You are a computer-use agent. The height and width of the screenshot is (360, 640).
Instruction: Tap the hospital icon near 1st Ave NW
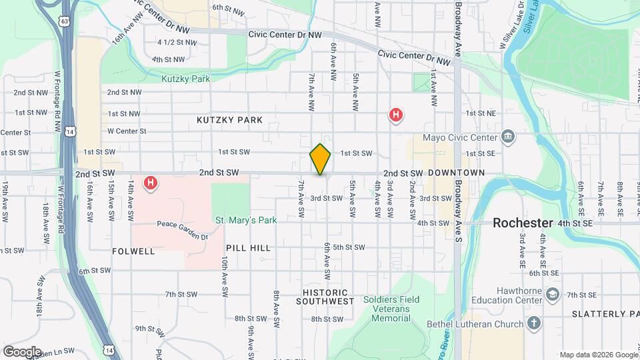point(396,115)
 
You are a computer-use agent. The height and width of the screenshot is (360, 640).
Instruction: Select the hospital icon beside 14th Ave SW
point(151,182)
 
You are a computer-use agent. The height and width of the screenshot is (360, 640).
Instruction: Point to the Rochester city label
point(523,223)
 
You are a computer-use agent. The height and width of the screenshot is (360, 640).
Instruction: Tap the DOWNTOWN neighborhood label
point(456,173)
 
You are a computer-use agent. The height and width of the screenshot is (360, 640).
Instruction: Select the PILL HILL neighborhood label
point(248,248)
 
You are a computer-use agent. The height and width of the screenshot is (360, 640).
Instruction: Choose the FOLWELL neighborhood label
point(134,251)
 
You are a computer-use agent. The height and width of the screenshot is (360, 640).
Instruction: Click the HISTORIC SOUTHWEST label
point(325,297)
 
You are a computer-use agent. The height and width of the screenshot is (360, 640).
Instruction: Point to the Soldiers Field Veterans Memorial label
point(391,309)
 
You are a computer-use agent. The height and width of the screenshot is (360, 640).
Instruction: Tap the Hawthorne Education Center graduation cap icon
point(553,294)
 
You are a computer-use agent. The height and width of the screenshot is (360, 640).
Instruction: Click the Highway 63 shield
point(64,21)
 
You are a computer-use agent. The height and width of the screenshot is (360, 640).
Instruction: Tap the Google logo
point(22,351)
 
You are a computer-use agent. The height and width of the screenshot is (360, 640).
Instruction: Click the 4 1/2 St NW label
point(177,42)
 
